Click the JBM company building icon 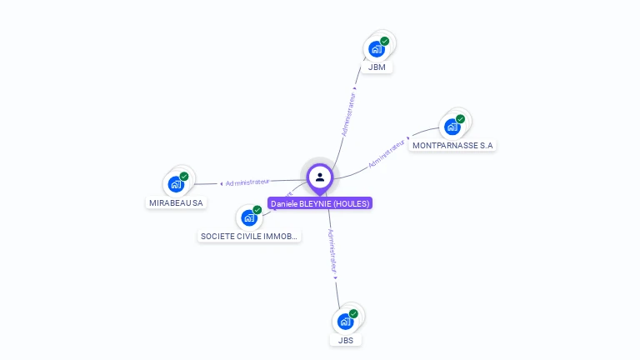click(x=377, y=49)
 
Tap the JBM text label click(x=377, y=67)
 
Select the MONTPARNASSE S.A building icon click(x=452, y=127)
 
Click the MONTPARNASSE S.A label click(x=452, y=145)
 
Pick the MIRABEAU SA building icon click(x=176, y=184)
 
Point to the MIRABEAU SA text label click(x=176, y=202)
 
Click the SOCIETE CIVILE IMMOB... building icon click(x=248, y=217)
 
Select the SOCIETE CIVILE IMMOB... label click(x=248, y=236)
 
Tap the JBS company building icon click(x=345, y=322)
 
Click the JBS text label click(x=345, y=340)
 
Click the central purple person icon click(x=320, y=177)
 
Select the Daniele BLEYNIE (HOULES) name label click(x=320, y=203)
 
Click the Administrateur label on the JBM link click(x=349, y=114)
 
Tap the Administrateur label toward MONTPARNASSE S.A click(x=387, y=154)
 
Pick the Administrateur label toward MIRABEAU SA click(x=247, y=182)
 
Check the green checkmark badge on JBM click(x=384, y=41)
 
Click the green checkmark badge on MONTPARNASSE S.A click(x=460, y=118)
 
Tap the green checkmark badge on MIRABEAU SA click(x=184, y=176)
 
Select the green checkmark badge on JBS click(x=353, y=313)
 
